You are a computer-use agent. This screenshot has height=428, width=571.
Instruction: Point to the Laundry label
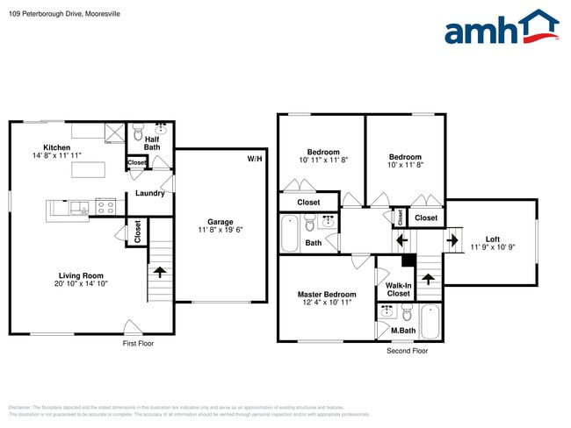click(x=149, y=194)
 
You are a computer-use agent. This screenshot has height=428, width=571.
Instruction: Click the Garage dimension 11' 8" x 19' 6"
click(x=220, y=230)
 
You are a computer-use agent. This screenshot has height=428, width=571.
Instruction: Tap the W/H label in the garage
click(x=254, y=159)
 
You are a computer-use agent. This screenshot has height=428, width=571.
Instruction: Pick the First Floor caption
click(x=138, y=344)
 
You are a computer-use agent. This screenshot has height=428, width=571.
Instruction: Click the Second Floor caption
click(x=408, y=351)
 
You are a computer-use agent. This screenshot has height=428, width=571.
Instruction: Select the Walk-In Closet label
click(x=398, y=289)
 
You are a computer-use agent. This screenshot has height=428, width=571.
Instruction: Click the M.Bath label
click(x=402, y=331)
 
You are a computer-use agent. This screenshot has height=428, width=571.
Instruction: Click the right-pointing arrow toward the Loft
click(x=455, y=239)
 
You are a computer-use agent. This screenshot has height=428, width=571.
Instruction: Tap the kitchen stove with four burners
click(x=106, y=208)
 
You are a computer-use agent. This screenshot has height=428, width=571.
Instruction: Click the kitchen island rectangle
click(x=88, y=170)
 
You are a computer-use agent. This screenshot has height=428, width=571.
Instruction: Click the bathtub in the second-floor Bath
click(x=291, y=233)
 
